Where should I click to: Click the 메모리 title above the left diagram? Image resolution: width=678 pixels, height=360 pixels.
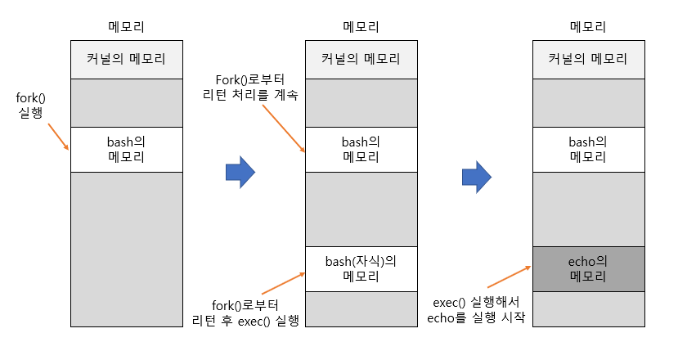tap(126, 27)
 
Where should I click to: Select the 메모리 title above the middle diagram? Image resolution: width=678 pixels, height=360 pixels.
tap(361, 27)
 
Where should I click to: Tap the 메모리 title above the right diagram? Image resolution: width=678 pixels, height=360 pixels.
tap(588, 27)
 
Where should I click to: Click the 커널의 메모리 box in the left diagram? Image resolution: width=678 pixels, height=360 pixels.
tap(126, 59)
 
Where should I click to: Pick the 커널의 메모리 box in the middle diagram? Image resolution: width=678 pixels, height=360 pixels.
tap(361, 59)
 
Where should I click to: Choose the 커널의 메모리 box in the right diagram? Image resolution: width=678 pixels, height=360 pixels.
tap(588, 59)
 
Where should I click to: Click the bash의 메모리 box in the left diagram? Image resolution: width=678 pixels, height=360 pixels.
tap(126, 149)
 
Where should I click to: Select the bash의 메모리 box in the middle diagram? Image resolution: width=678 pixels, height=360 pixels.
tap(361, 149)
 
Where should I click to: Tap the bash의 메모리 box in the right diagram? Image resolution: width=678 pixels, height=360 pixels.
tap(588, 149)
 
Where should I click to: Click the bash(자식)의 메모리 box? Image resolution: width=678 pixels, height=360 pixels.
tap(361, 268)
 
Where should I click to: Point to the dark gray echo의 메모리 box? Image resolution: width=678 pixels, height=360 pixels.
tap(588, 268)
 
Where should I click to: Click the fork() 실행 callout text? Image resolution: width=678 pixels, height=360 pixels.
tap(30, 106)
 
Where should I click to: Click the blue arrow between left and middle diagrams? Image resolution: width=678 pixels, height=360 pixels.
tap(240, 172)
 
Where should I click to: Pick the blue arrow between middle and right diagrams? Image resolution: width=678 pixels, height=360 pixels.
tap(476, 174)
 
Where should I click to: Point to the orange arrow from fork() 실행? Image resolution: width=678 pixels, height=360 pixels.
tap(57, 137)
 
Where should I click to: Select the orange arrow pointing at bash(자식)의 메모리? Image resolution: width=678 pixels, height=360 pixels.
tap(282, 282)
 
